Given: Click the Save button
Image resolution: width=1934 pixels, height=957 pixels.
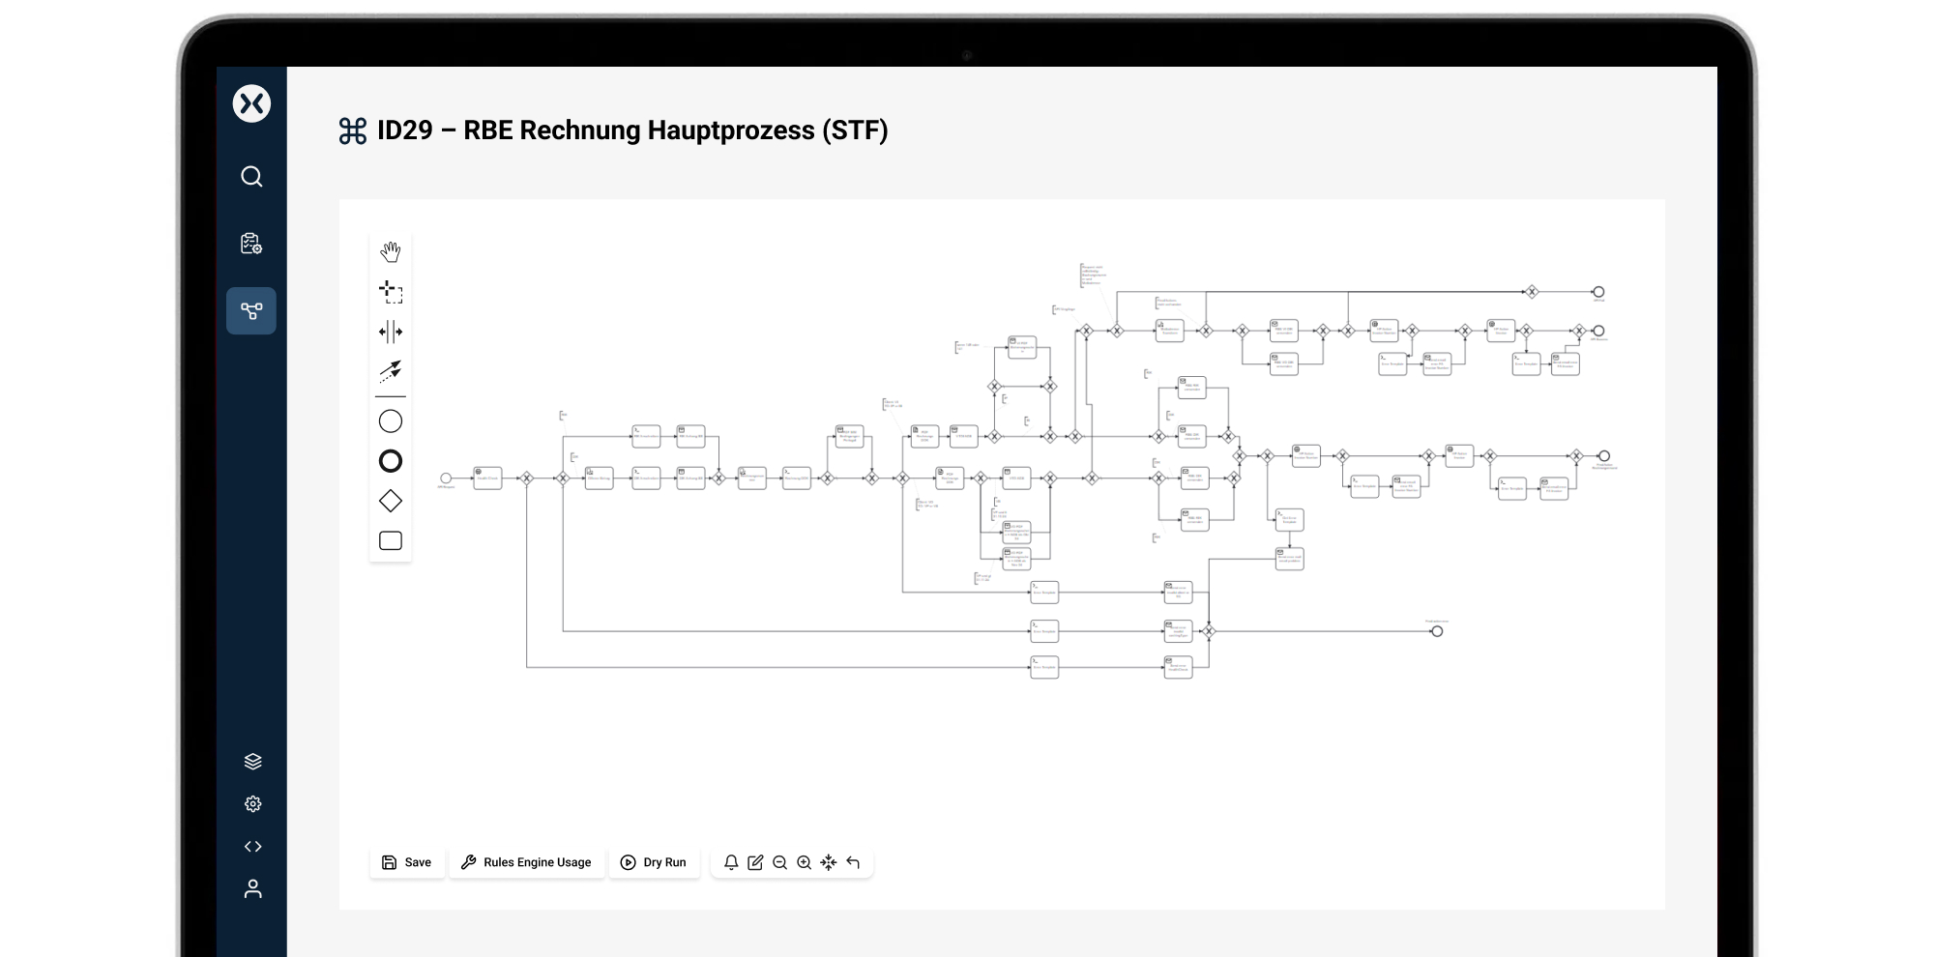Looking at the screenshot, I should (x=407, y=862).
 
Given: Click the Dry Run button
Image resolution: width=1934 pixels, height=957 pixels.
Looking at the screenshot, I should (x=654, y=862).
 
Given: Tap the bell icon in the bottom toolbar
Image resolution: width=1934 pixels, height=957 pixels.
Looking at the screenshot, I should (x=731, y=862).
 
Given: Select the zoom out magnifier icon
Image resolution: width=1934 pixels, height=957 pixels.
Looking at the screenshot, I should (x=779, y=862).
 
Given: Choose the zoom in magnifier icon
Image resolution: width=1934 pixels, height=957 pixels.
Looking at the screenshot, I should (x=804, y=862).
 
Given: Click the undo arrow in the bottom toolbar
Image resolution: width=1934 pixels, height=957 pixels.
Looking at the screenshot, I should (x=853, y=862).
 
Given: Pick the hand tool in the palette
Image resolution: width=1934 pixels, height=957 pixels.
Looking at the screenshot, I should (x=391, y=252).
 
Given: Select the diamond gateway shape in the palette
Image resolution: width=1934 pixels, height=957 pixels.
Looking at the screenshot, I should (x=391, y=501).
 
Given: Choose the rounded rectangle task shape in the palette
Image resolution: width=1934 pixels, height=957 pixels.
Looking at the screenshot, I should (x=391, y=540).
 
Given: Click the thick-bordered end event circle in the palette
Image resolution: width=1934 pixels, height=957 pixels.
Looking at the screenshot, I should (x=391, y=461).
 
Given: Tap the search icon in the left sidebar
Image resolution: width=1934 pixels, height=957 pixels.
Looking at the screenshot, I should (x=251, y=177).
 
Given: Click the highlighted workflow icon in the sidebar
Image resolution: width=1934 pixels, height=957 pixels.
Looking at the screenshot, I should (x=251, y=311).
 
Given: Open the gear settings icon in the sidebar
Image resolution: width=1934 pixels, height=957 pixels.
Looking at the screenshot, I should (x=252, y=804).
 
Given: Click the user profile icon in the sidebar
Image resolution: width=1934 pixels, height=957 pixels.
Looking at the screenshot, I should (x=252, y=889).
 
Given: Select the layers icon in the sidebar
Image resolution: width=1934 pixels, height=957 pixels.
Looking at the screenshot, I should (x=252, y=762).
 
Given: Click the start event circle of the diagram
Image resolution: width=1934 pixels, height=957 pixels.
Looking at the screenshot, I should (x=446, y=478).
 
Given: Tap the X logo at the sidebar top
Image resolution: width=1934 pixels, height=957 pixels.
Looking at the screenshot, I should (x=251, y=103).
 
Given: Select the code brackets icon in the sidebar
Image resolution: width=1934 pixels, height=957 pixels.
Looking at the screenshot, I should (x=252, y=847).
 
